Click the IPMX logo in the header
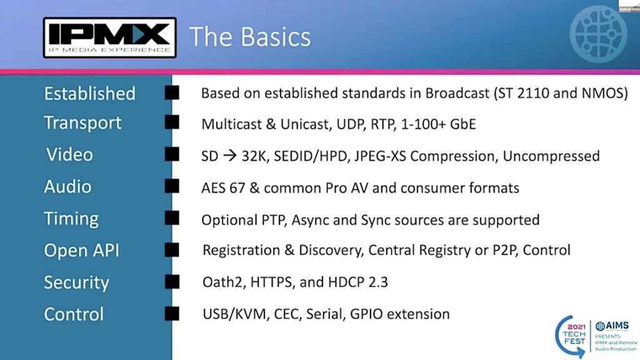[x=109, y=37]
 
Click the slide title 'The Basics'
[x=249, y=37]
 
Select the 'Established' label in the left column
[x=89, y=94]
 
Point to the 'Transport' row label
[x=82, y=123]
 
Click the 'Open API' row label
[x=81, y=251]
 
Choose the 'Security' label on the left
[x=76, y=282]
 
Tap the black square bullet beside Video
[x=172, y=155]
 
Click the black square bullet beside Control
[x=172, y=314]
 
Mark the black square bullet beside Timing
[x=172, y=219]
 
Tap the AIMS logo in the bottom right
[x=612, y=326]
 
